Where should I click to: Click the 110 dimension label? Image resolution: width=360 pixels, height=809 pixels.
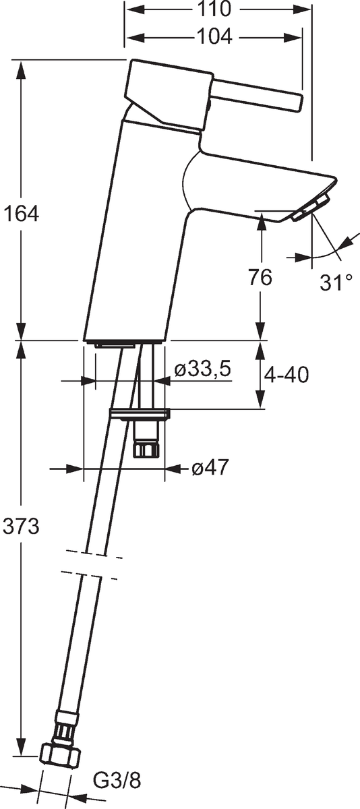pos(214,9)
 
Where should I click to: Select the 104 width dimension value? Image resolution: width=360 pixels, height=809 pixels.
pos(214,36)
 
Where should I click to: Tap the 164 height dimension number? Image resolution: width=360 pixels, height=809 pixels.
pos(21,214)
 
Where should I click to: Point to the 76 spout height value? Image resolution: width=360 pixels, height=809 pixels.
pos(260,278)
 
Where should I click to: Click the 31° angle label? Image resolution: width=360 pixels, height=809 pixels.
pos(336,282)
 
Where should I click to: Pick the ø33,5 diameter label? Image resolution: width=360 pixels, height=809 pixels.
pos(202,369)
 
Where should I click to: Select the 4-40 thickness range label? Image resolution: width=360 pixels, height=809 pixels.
pos(287,375)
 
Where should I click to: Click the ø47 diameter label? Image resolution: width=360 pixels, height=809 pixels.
pos(210,468)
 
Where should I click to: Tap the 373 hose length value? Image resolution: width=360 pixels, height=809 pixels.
pos(21,527)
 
